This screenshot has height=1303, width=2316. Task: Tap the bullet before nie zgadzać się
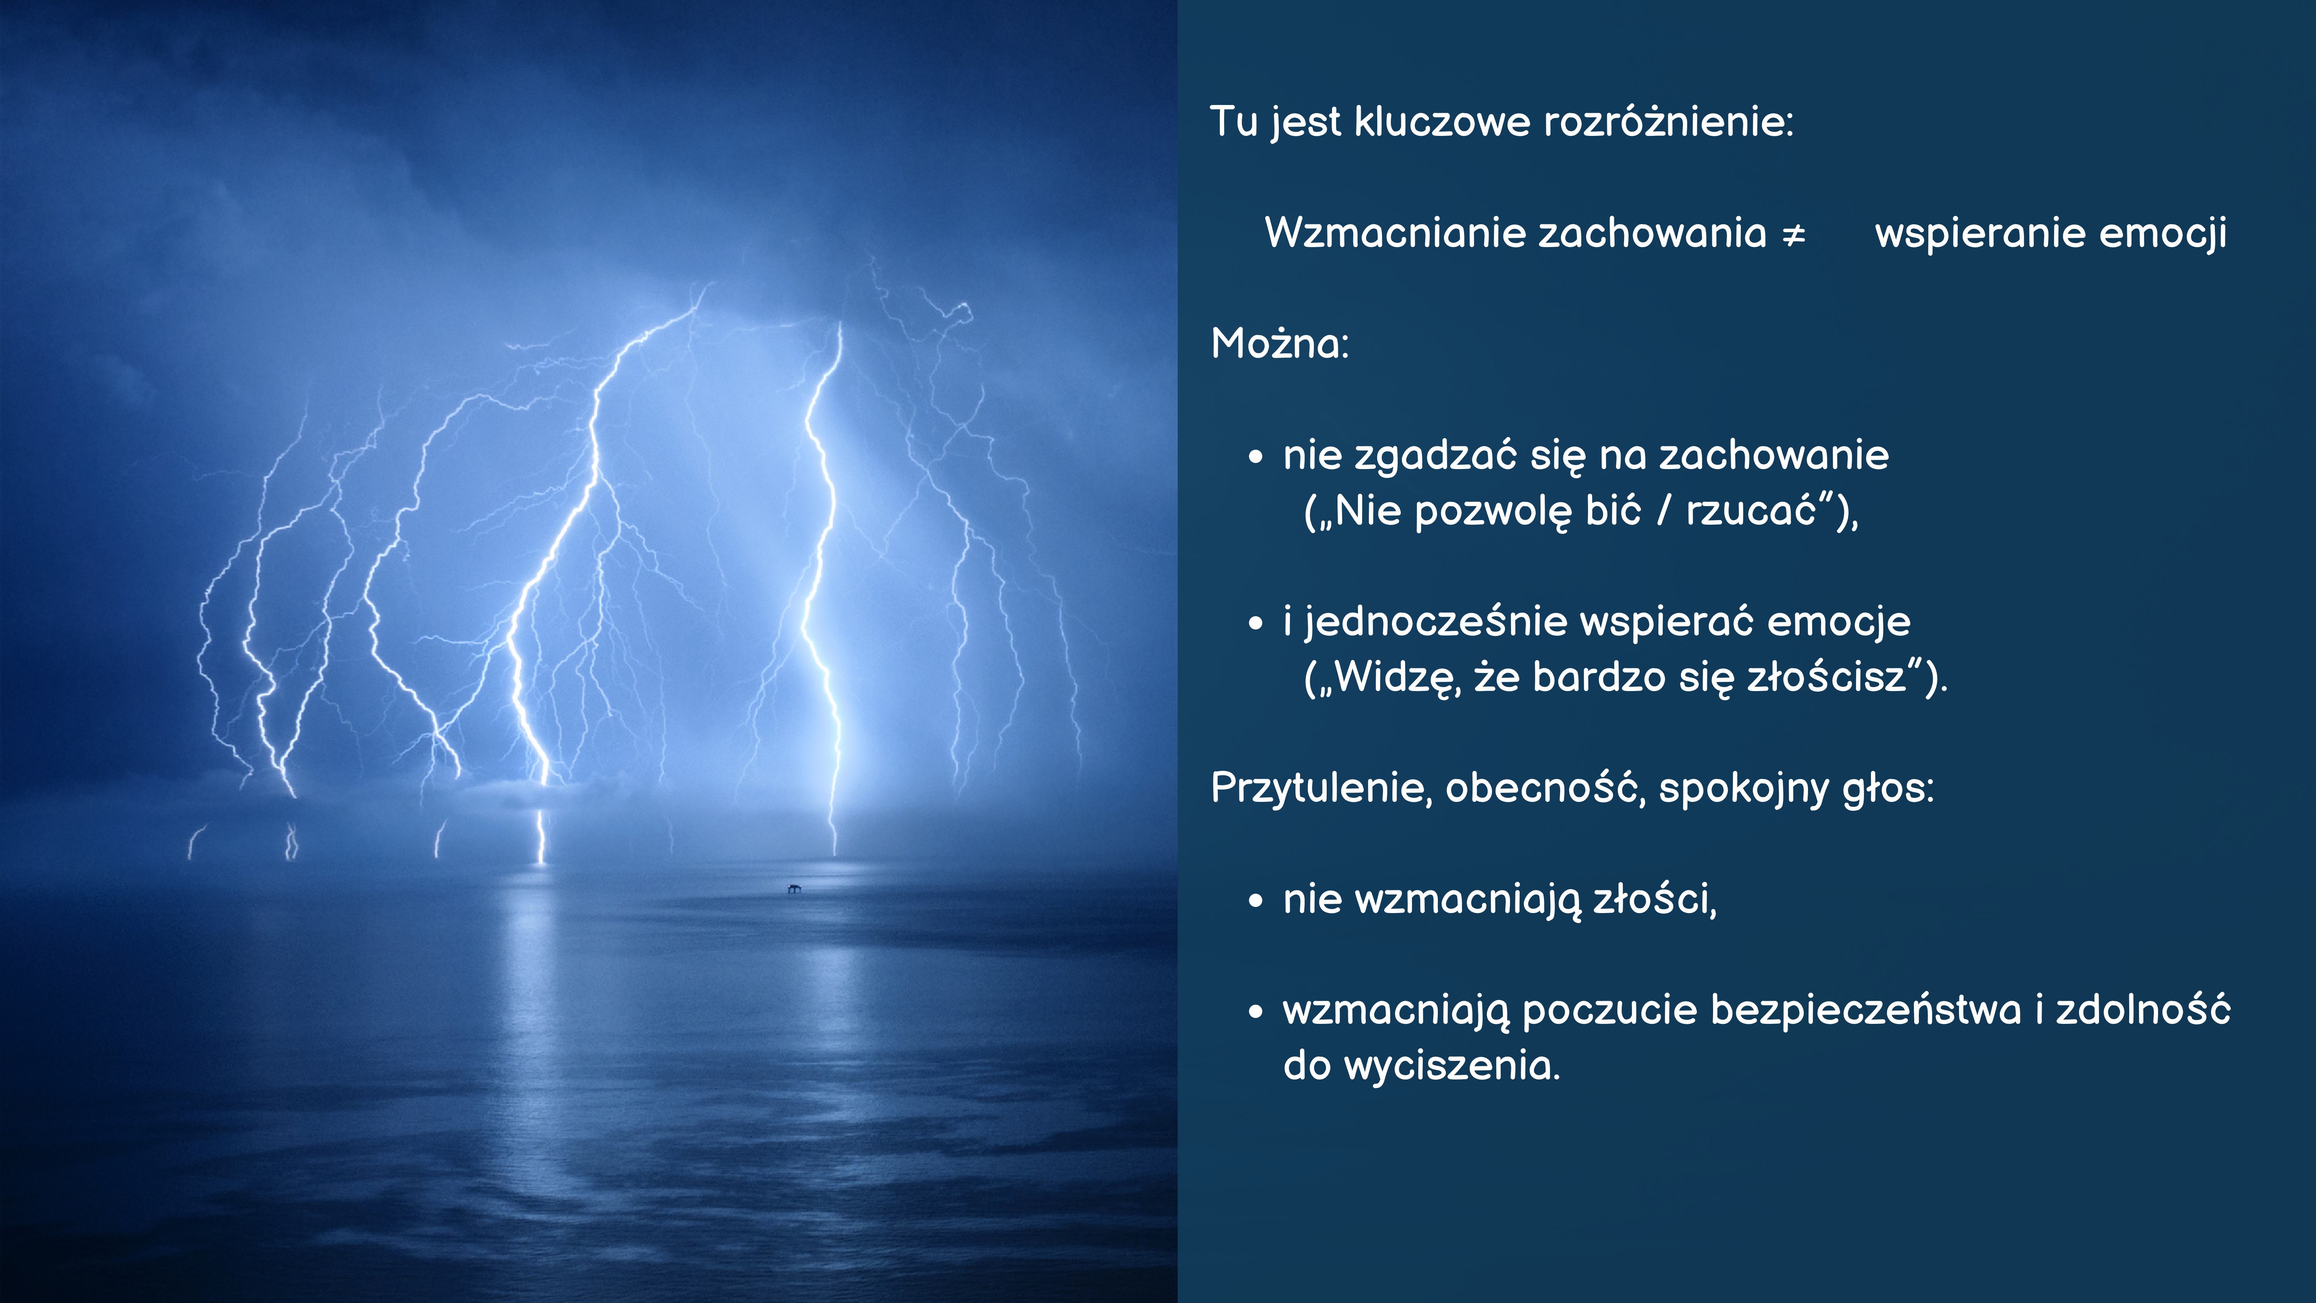coord(1256,457)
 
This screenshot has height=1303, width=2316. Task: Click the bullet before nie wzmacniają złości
coord(1256,900)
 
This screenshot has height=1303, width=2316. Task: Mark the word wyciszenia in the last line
coord(1452,1066)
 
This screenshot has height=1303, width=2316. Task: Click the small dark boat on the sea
coord(794,888)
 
